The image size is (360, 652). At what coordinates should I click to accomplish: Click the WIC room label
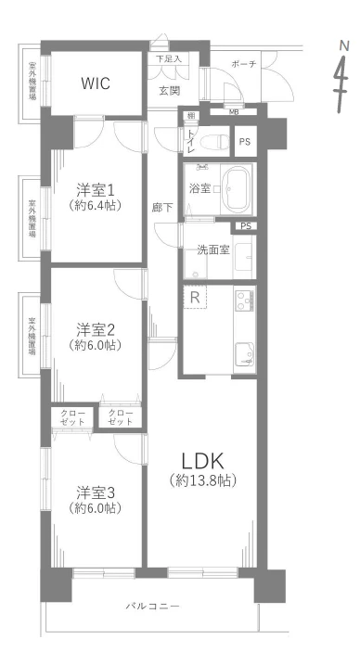coord(96,83)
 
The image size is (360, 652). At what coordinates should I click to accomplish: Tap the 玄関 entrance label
coord(170,91)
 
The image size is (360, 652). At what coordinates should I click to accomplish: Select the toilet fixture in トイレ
coord(214,142)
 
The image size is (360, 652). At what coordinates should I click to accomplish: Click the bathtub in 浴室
coord(237,189)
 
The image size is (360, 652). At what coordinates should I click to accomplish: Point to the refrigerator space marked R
coord(195,297)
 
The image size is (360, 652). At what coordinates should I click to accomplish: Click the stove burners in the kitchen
coord(245,300)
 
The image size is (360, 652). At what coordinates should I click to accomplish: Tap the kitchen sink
coord(245,354)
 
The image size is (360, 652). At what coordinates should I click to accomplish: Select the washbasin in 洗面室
coord(243,257)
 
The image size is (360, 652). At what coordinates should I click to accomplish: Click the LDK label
coord(202,461)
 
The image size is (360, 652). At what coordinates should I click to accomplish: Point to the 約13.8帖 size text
coord(202,480)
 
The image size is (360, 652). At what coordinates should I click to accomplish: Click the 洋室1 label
coord(95,190)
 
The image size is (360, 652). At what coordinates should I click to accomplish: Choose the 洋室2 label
coord(95,330)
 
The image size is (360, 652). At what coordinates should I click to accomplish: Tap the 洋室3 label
coord(95,493)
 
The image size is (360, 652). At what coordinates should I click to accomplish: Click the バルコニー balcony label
coord(153,606)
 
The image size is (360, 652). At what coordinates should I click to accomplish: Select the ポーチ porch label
coord(244,64)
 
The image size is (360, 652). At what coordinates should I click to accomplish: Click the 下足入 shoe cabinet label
coord(169,58)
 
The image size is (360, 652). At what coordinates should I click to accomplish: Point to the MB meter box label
coord(233,111)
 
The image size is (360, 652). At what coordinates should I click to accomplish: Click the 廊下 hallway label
coord(162,208)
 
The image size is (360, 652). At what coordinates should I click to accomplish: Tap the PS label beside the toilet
coord(245,142)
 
